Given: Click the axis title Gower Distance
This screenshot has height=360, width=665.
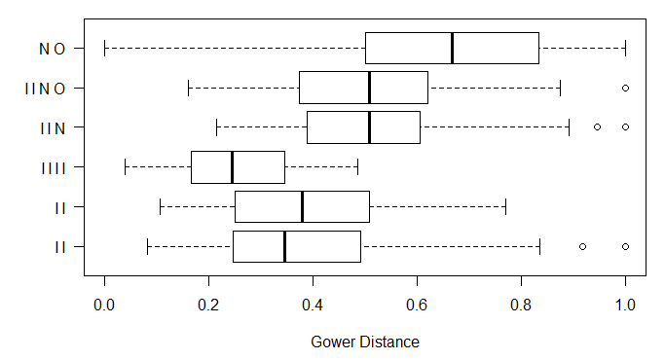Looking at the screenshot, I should click(365, 342).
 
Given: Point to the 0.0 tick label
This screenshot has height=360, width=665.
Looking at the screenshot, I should click(104, 304).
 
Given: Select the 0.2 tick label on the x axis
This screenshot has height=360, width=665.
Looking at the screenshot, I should click(208, 304).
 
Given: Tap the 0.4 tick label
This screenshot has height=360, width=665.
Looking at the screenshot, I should click(313, 304).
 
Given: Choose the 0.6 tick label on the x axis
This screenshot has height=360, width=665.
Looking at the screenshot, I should click(417, 304).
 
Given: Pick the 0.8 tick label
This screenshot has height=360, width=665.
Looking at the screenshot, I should click(521, 304).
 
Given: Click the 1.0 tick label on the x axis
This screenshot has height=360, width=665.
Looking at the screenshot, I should click(625, 304).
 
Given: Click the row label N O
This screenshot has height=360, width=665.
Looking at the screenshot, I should click(54, 48).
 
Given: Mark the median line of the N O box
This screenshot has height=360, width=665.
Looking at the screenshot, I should click(452, 48).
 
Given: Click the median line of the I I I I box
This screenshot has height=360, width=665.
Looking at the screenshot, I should click(232, 167).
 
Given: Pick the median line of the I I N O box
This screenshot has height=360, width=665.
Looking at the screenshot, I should click(369, 88).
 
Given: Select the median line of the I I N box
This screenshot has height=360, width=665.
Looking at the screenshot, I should click(369, 127).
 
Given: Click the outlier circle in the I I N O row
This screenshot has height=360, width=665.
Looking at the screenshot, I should click(625, 88).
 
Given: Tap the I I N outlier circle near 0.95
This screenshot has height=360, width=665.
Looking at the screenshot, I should click(598, 127).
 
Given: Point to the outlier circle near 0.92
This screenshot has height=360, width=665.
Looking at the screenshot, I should click(582, 246).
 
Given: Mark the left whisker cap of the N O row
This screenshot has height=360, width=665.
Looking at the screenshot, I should click(104, 48).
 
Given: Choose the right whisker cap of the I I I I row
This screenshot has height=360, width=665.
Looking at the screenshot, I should click(358, 167).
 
